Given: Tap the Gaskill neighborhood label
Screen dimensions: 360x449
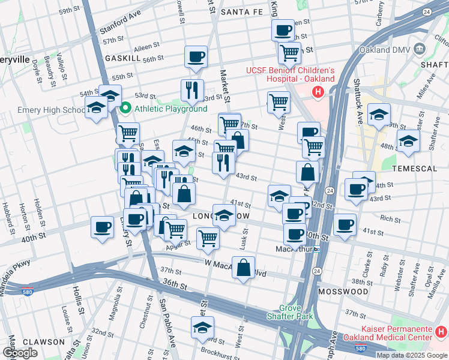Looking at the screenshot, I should [122, 58].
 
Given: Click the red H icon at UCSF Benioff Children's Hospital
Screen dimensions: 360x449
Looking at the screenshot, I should [318, 92].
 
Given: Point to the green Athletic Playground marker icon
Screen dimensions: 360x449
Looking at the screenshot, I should [126, 109].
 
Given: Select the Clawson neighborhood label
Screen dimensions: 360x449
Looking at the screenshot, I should [44, 341].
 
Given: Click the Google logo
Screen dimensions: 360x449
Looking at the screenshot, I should [20, 353].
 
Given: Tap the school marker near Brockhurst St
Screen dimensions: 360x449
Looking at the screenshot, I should [202, 327].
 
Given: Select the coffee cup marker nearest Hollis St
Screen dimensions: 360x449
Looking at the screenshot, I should [102, 227].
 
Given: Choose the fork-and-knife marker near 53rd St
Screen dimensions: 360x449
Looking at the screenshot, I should [192, 90].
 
